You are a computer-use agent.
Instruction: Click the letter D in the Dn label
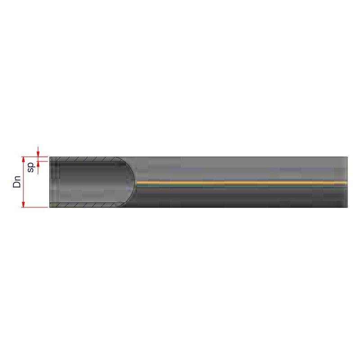point(17,184)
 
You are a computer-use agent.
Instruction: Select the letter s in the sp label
point(31,170)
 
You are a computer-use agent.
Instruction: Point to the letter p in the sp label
point(31,165)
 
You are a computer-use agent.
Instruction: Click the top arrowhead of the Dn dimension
point(23,160)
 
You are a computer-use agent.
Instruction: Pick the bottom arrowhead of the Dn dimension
point(23,204)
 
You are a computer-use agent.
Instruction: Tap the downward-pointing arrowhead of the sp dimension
point(38,154)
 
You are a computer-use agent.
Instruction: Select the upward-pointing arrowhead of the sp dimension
point(38,164)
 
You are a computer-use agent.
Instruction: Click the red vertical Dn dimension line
point(23,182)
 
